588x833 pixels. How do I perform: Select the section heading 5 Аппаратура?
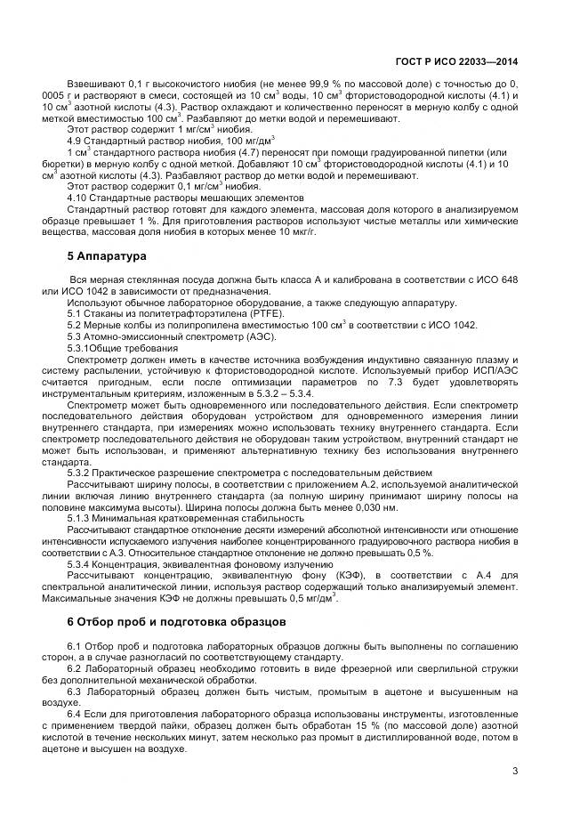coord(111,256)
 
